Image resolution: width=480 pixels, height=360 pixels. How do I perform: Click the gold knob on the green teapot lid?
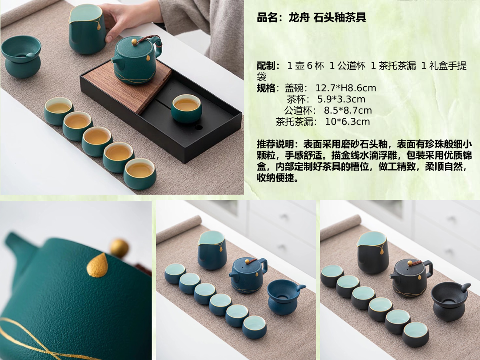click(x=134, y=42)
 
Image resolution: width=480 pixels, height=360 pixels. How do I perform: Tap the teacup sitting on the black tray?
click(x=186, y=108)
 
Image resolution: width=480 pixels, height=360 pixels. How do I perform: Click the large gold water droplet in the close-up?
click(x=97, y=265)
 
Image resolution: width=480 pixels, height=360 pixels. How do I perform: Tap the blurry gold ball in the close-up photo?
click(x=119, y=248)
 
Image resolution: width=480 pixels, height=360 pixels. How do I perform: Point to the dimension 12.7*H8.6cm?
click(x=346, y=88)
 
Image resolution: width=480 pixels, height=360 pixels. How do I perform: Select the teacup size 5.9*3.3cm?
click(x=341, y=99)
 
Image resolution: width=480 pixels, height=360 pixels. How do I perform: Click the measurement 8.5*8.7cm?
click(x=348, y=110)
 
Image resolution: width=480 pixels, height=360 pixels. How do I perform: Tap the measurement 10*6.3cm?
click(x=348, y=121)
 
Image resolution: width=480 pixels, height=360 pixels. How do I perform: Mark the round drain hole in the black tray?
click(x=199, y=127)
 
